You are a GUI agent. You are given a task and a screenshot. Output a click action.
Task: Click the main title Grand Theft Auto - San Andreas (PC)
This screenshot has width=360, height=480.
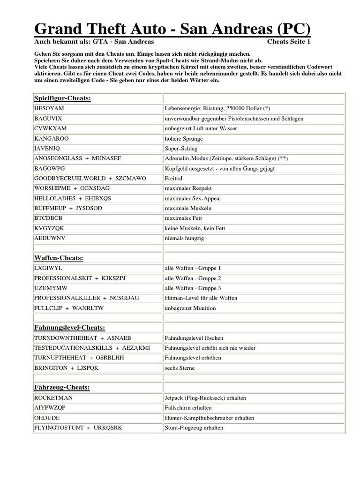[x=172, y=30]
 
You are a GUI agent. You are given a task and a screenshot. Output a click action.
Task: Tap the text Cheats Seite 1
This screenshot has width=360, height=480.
[x=289, y=42]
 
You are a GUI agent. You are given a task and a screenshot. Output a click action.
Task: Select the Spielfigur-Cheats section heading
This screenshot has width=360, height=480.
[x=62, y=98]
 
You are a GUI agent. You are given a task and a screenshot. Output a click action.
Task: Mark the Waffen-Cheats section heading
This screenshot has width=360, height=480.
[x=59, y=258]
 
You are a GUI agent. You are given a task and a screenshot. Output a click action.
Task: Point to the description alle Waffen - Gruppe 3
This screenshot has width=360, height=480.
[x=193, y=288]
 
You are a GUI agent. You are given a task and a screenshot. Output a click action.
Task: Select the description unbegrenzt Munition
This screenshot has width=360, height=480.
[x=190, y=308]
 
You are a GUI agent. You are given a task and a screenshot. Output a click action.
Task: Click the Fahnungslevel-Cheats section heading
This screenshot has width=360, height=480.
[x=69, y=327]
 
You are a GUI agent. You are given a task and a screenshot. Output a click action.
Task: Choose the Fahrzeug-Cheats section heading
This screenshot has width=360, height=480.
[x=62, y=388]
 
